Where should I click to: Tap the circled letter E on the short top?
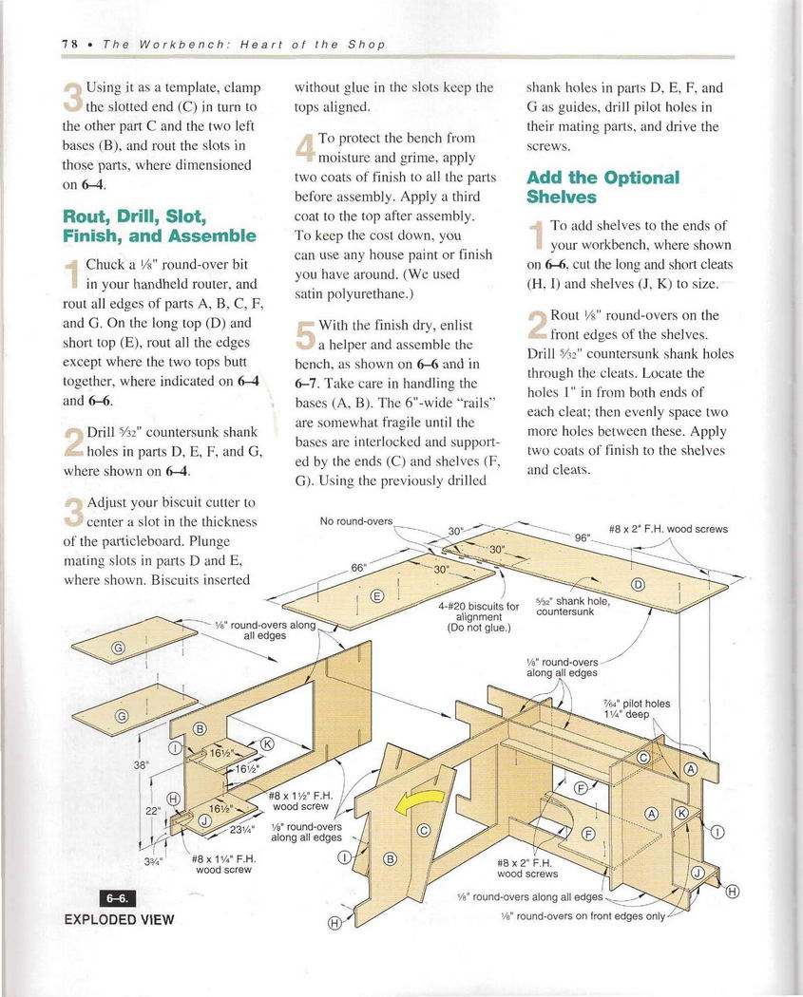point(376,596)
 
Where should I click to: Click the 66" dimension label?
point(359,568)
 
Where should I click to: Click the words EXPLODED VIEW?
point(119,919)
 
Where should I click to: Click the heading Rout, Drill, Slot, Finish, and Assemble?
point(159,225)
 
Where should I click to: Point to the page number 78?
point(69,45)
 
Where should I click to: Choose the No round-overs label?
point(355,520)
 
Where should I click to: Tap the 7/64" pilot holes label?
point(637,704)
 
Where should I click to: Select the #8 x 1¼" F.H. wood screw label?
point(221,863)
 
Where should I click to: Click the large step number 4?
point(304,149)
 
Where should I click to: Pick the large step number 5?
point(304,335)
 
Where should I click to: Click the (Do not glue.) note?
point(479,628)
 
